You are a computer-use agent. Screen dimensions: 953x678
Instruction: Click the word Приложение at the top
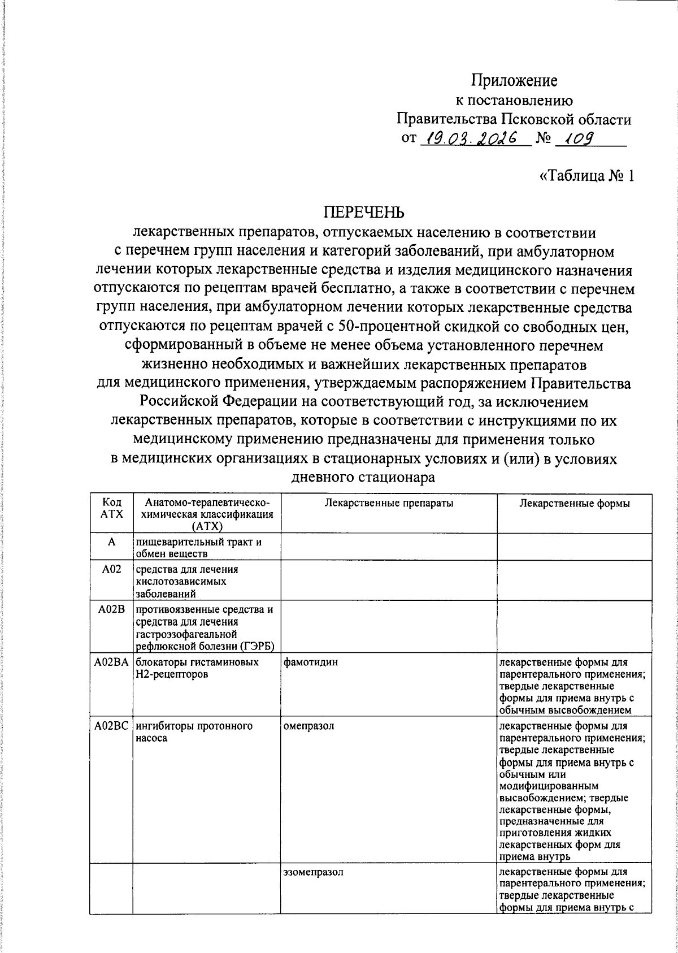pos(514,81)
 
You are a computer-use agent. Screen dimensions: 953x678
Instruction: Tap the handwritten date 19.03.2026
pos(473,138)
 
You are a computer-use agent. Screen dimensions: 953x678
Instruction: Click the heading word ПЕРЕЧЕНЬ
pos(364,213)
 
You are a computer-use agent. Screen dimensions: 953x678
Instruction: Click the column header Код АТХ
pos(111,508)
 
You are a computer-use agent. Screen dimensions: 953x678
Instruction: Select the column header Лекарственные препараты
pos(389,503)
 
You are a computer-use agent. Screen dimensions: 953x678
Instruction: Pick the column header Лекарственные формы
pos(574,503)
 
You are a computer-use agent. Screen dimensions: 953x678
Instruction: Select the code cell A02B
pos(111,609)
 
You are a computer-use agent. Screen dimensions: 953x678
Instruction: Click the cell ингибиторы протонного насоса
pos(194,732)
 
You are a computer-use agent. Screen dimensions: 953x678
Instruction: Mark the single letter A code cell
pos(111,542)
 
